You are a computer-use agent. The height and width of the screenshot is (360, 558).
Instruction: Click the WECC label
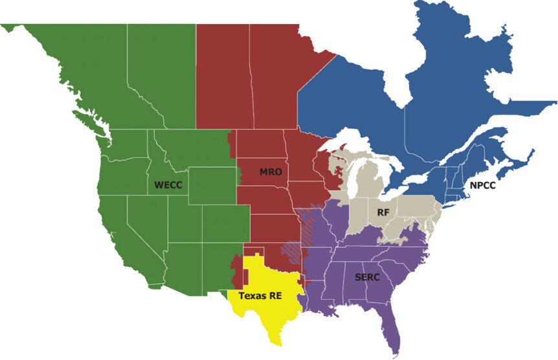(168, 185)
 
